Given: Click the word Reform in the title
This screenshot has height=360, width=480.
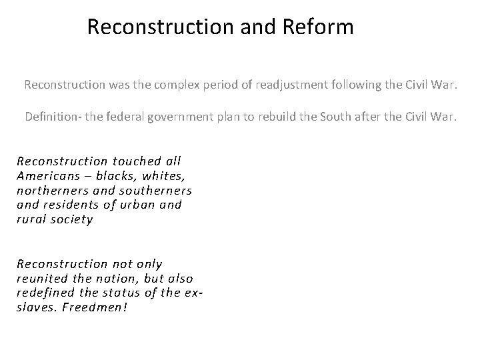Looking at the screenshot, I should (x=317, y=27).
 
